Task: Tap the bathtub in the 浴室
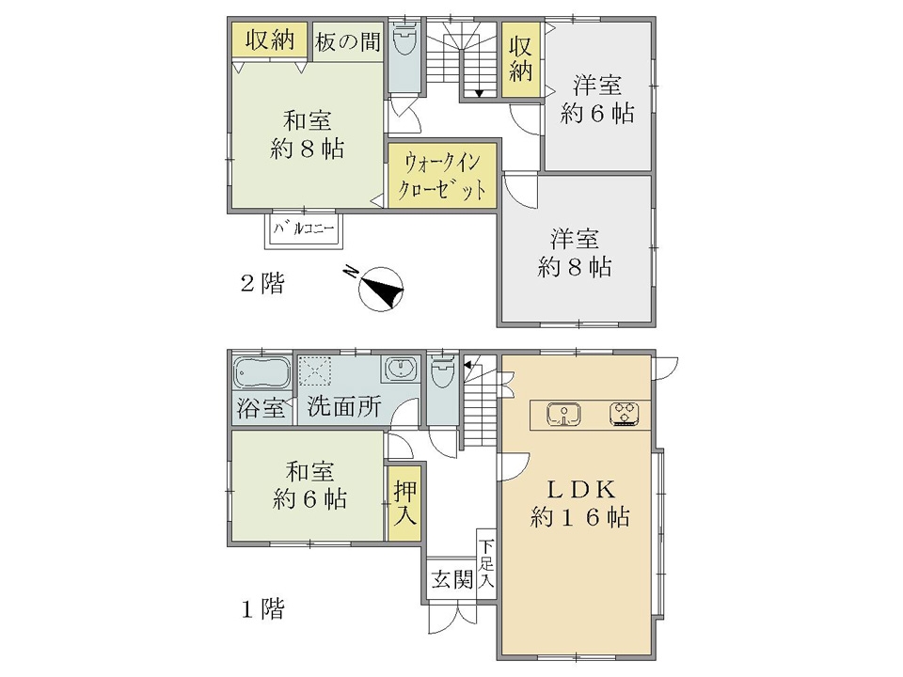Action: [x=262, y=372]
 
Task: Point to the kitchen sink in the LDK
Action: [x=563, y=415]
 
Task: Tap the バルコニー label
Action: [x=304, y=229]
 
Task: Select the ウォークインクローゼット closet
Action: [x=442, y=175]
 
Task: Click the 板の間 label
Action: [x=347, y=41]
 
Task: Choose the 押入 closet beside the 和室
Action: [x=404, y=502]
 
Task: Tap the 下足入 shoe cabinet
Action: [x=486, y=563]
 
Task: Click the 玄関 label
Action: [x=452, y=579]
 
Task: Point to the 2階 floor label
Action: [x=262, y=283]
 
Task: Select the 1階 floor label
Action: [x=262, y=608]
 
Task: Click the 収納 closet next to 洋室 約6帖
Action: [x=520, y=59]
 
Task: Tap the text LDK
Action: [x=580, y=490]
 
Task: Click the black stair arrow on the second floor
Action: [x=479, y=94]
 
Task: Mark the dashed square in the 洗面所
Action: [x=314, y=372]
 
